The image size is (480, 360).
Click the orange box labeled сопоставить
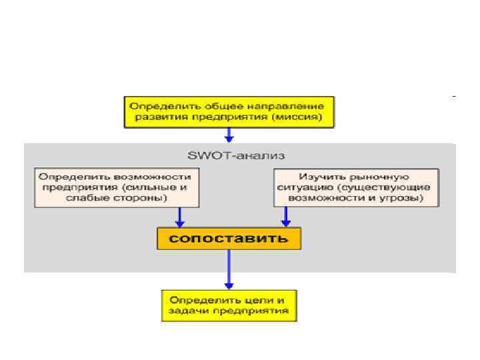point(229,239)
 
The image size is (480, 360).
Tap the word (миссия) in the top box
point(299,117)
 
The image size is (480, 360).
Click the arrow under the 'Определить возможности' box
point(179,217)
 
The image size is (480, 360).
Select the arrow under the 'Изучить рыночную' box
point(285,217)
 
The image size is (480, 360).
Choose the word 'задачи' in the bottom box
point(187,311)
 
